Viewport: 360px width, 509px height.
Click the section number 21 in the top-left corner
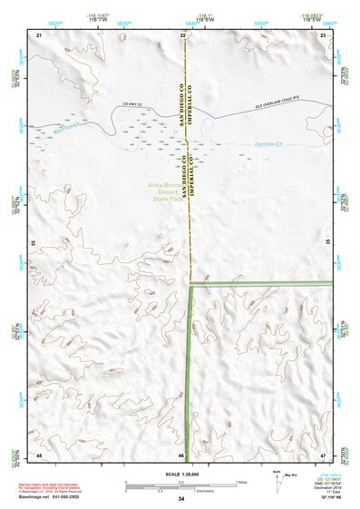click(x=39, y=34)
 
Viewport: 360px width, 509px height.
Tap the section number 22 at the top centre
click(x=183, y=34)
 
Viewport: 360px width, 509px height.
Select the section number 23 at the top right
click(x=323, y=34)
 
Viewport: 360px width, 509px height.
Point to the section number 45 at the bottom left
click(x=39, y=455)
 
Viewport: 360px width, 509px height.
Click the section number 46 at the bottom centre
click(x=181, y=455)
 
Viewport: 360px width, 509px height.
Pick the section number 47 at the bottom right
click(x=323, y=455)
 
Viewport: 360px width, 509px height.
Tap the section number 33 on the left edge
click(x=34, y=244)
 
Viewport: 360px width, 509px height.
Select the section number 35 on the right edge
click(x=328, y=244)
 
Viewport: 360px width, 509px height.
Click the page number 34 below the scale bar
click(x=181, y=499)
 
